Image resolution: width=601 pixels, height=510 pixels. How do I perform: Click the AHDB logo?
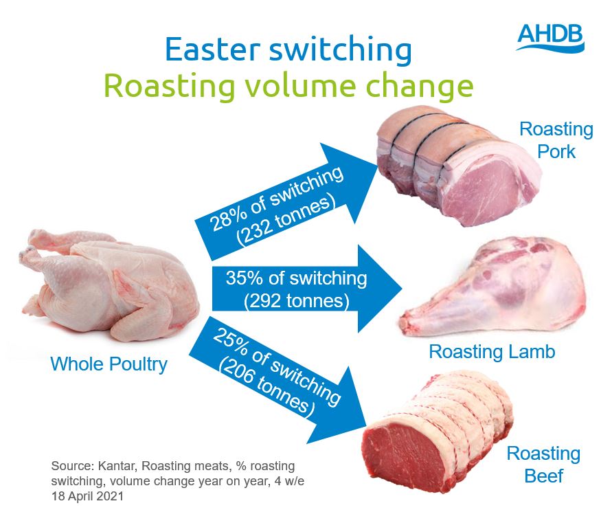(x=550, y=37)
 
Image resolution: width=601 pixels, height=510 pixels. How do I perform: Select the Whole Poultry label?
(x=109, y=364)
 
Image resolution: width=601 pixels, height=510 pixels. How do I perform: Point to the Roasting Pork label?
(x=556, y=140)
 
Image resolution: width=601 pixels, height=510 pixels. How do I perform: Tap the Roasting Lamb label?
(x=492, y=352)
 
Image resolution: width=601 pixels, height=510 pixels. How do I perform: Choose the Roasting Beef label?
(x=543, y=465)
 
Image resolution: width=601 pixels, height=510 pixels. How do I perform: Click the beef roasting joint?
(x=438, y=432)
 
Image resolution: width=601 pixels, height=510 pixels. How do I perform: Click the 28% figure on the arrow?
(x=229, y=219)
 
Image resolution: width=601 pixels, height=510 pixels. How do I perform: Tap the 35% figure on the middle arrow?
(x=244, y=278)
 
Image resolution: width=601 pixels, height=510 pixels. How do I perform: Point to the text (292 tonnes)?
(x=296, y=300)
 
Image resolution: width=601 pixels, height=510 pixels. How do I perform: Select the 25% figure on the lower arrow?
(x=231, y=340)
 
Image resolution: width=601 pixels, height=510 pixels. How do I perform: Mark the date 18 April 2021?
(x=88, y=496)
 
